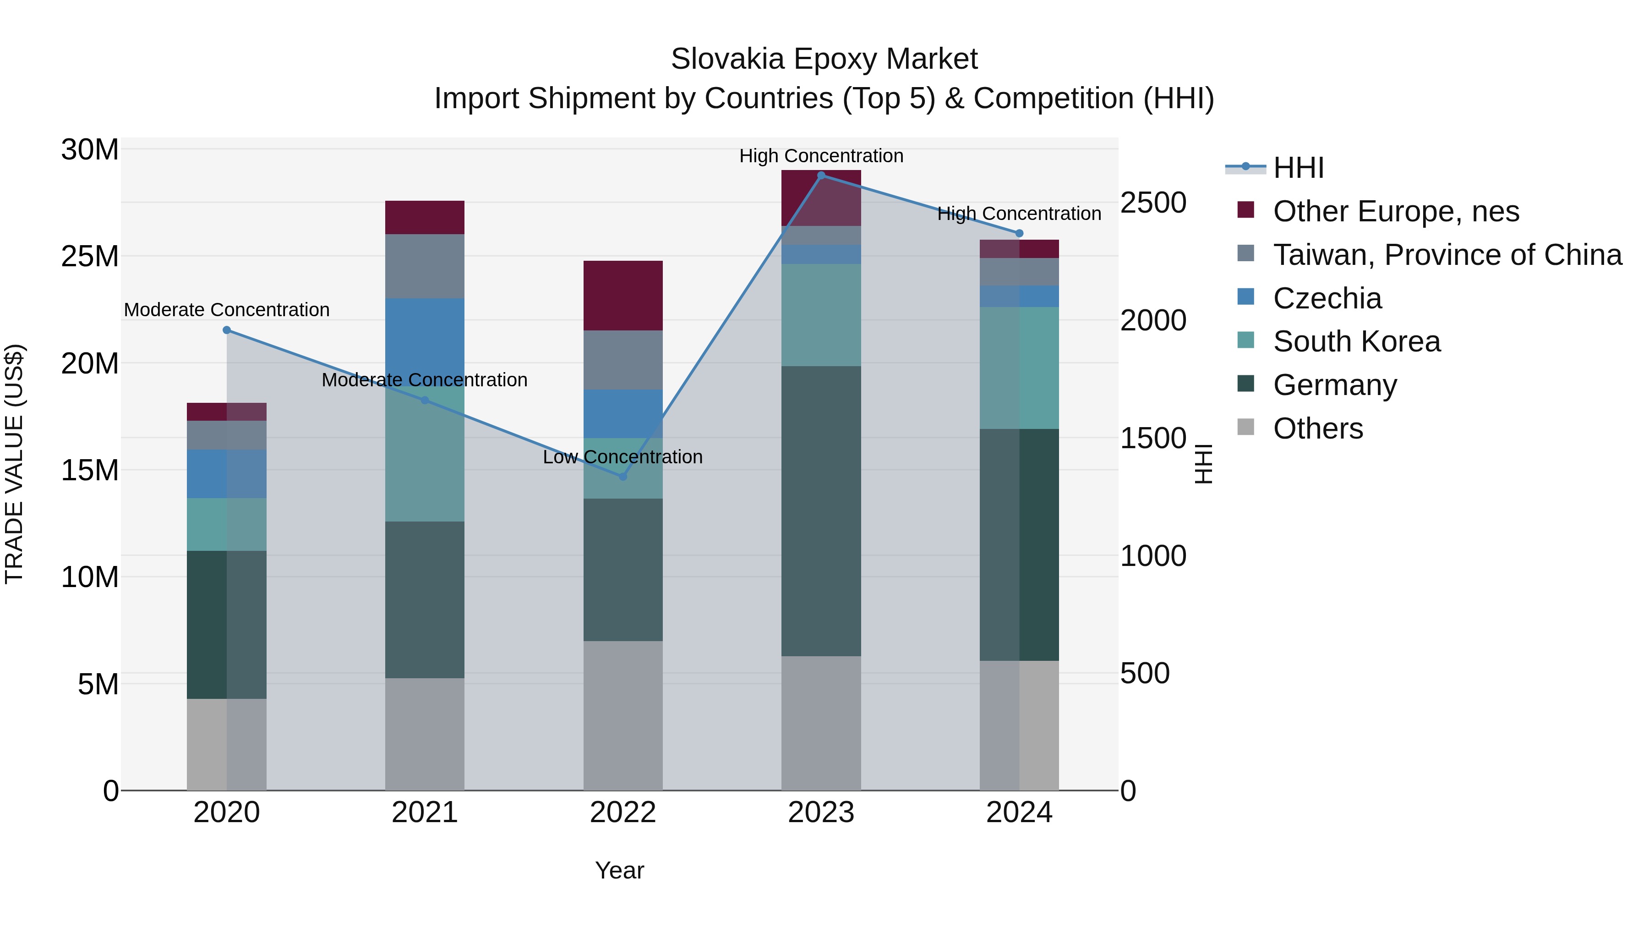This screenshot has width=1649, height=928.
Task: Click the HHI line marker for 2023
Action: (x=821, y=175)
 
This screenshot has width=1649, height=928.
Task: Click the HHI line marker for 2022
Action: (x=623, y=477)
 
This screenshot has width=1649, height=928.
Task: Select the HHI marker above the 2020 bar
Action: (x=227, y=330)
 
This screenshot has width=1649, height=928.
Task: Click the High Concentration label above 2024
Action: (x=1019, y=214)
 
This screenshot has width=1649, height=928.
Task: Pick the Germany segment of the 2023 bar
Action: (x=821, y=511)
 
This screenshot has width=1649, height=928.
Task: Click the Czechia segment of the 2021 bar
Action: (x=425, y=333)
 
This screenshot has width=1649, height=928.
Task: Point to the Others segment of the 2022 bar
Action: (x=623, y=715)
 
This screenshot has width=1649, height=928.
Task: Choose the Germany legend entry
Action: (x=1335, y=385)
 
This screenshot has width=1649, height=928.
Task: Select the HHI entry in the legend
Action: (x=1298, y=168)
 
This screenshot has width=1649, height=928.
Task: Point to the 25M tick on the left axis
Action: (x=90, y=256)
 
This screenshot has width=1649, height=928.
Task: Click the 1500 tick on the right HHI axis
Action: (x=1153, y=439)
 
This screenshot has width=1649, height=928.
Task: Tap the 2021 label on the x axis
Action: (x=425, y=813)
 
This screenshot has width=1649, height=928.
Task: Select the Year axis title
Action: (x=619, y=870)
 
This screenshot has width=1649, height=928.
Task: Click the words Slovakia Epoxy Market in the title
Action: (x=824, y=59)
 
